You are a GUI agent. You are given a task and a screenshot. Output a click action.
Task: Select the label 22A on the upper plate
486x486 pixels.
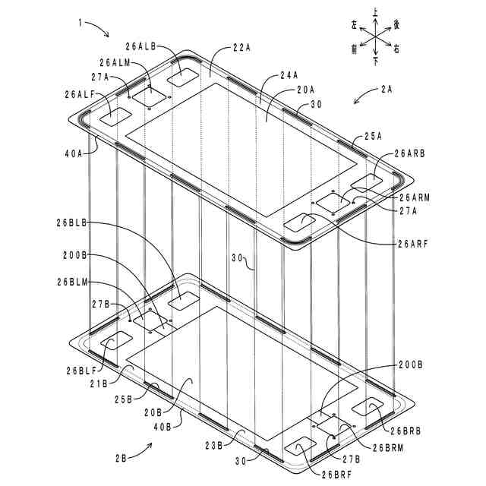point(241,47)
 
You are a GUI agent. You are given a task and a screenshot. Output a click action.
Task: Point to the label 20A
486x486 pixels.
point(305,90)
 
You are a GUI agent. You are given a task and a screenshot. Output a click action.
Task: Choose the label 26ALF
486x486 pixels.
point(80,95)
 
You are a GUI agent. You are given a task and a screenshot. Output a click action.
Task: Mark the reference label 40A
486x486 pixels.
point(74,153)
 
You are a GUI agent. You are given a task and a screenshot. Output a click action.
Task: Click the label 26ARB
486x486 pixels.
point(410,153)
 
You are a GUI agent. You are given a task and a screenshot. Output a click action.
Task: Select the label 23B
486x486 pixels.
point(213,445)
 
